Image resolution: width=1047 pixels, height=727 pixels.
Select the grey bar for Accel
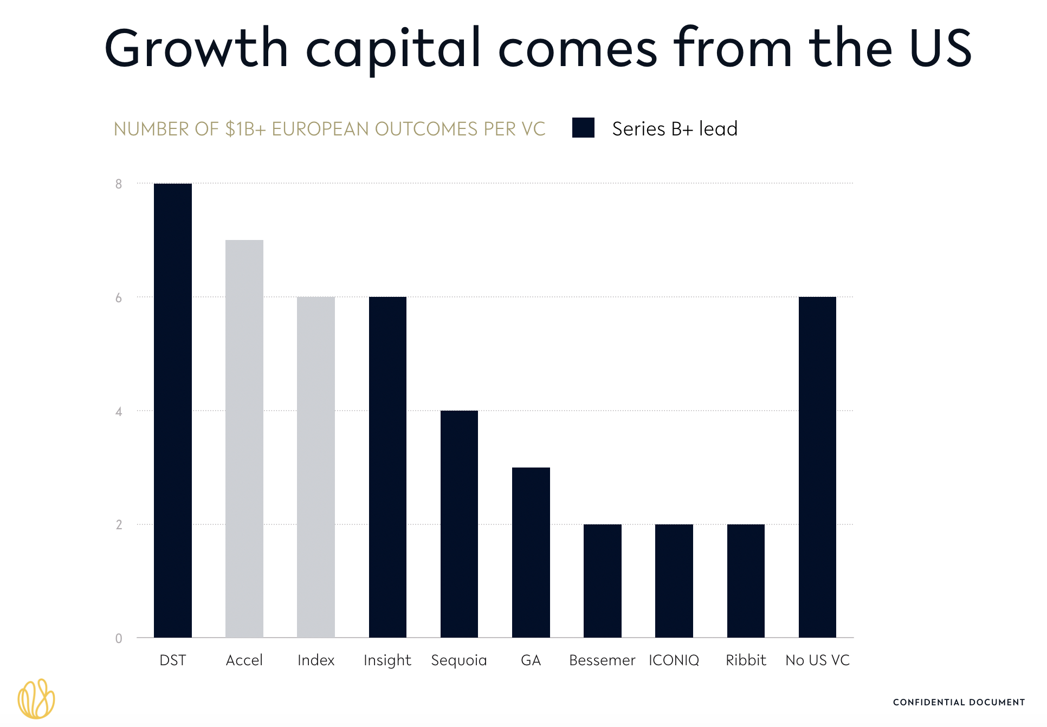244,438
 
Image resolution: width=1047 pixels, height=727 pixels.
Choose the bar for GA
531,552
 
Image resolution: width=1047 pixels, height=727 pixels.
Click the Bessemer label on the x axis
602,660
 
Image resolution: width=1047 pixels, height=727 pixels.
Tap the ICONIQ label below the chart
674,660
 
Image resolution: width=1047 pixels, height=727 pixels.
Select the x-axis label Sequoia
459,660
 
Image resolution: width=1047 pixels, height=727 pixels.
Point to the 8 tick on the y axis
119,184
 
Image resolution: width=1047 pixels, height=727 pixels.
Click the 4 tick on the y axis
119,412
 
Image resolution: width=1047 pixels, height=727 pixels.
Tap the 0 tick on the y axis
119,639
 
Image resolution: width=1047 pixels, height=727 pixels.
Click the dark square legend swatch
583,128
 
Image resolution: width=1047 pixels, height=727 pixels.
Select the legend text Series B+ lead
675,129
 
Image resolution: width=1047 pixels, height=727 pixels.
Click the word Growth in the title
196,49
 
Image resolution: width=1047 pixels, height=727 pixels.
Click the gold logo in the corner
36,699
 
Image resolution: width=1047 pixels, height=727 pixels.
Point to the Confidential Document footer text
959,703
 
